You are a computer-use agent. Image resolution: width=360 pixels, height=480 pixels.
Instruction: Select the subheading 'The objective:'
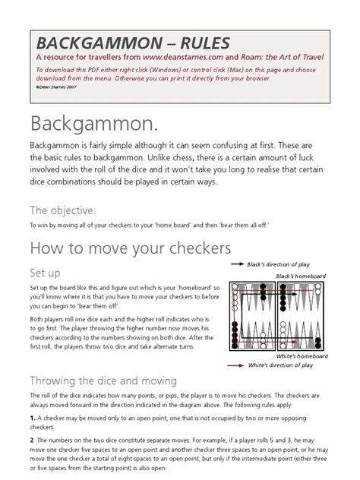[x=62, y=210]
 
